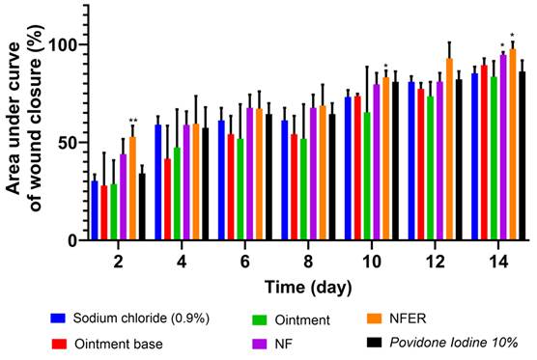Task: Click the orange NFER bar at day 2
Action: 132,188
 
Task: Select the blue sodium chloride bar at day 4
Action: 157,182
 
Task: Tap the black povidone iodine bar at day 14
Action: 523,155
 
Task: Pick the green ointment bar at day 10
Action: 367,176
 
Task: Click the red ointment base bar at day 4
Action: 167,199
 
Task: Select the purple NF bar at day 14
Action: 503,147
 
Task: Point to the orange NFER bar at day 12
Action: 449,150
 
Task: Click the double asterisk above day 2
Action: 133,120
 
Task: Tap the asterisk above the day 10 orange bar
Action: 386,66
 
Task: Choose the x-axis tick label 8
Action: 308,263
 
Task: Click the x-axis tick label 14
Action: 498,263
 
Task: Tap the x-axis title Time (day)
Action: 308,288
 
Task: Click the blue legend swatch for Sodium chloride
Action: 58,318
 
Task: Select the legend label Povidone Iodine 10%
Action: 454,343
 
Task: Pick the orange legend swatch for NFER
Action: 375,318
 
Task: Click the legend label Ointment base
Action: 119,344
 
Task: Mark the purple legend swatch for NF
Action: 259,344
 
